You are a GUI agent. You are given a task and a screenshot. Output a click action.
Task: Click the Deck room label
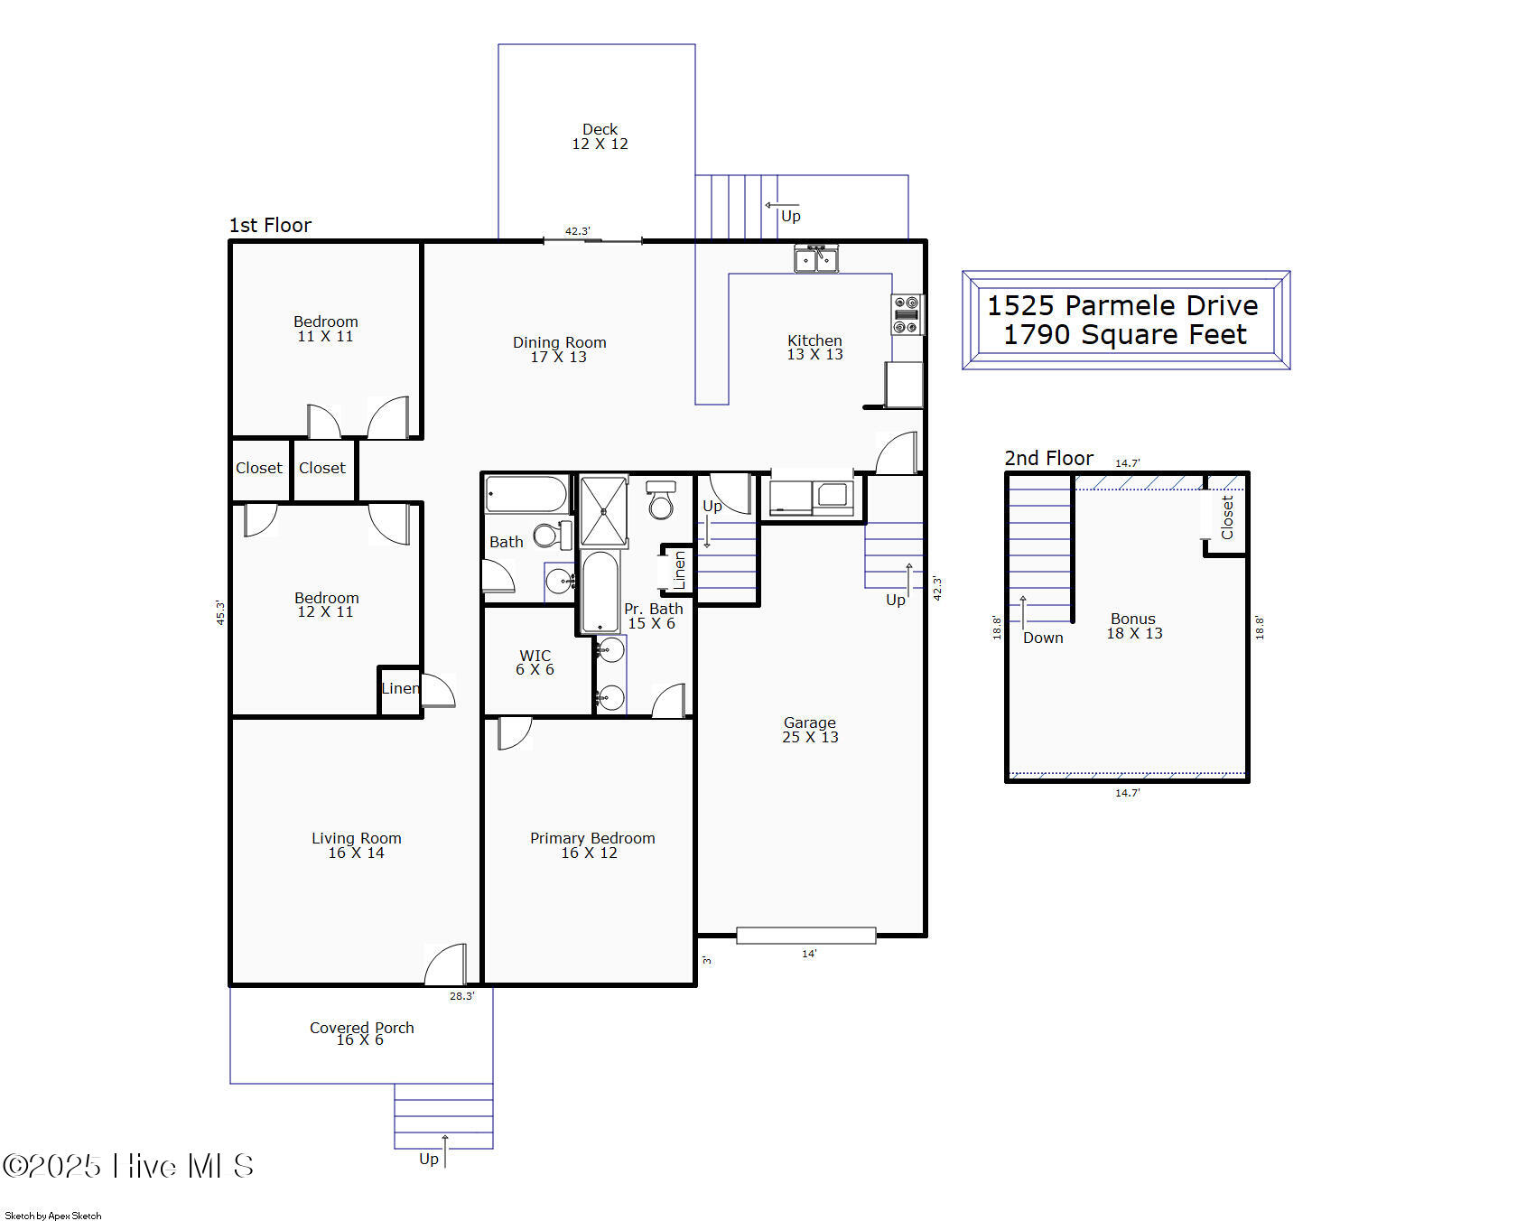[x=600, y=136]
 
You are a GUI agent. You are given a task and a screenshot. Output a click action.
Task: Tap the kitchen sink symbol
[x=816, y=258]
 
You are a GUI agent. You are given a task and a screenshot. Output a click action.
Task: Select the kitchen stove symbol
[x=907, y=314]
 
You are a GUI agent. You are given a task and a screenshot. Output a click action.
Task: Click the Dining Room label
[x=559, y=350]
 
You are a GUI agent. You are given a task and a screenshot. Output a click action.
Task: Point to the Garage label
[x=810, y=730]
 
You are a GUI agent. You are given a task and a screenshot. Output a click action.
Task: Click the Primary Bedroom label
[x=592, y=845]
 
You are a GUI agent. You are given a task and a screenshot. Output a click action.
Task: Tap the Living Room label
[x=357, y=845]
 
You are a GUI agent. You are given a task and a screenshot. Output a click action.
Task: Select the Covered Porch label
[x=361, y=1033]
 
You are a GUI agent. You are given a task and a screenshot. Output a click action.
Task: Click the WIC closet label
[x=535, y=662]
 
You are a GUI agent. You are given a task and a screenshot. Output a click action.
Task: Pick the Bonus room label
[x=1134, y=626]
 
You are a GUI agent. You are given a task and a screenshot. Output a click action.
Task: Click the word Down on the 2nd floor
[x=1043, y=638]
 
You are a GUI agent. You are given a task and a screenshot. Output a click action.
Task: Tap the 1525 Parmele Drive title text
[x=1122, y=305]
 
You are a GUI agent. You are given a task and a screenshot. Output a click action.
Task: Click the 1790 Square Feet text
[x=1125, y=335]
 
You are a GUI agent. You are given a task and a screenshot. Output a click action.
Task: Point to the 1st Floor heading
[x=270, y=225]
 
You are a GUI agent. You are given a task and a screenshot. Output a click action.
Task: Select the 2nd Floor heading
[x=1048, y=458]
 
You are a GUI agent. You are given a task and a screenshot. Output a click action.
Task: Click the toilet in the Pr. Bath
[x=661, y=500]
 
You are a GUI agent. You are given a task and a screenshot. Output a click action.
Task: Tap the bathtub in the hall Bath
[x=526, y=495]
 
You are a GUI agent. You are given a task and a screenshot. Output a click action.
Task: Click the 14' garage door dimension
[x=809, y=954]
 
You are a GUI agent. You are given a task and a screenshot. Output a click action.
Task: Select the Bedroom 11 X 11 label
[x=325, y=329]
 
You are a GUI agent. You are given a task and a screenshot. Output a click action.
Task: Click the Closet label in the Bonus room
[x=1227, y=517]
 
